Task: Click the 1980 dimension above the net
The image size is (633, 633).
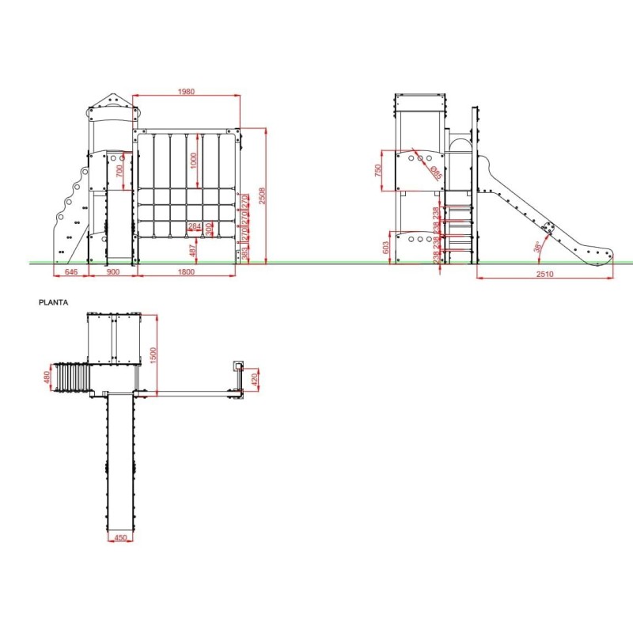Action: click(186, 92)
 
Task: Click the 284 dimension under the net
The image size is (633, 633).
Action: click(194, 227)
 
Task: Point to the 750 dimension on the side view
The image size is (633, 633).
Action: click(379, 170)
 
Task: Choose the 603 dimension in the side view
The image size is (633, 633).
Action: click(387, 247)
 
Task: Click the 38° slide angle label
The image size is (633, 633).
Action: click(539, 246)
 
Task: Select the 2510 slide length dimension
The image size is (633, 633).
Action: click(544, 274)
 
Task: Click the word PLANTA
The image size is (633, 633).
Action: click(53, 302)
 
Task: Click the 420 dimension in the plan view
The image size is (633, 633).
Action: click(254, 380)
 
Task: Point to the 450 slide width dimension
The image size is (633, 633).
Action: click(120, 539)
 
